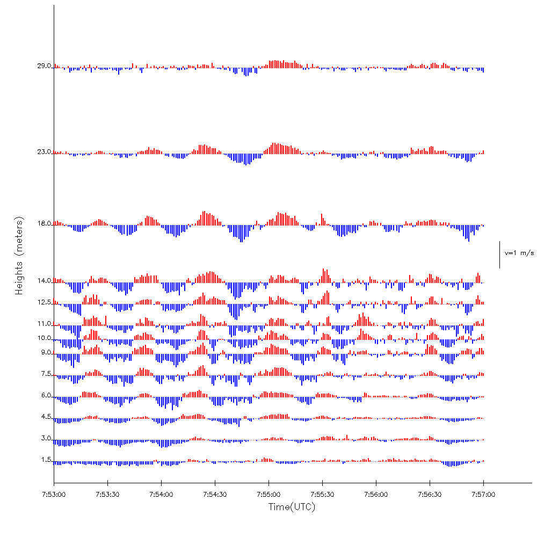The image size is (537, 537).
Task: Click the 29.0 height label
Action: [x=43, y=66]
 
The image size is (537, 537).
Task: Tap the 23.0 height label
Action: [x=43, y=152]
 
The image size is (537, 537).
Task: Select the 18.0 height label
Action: [x=43, y=223]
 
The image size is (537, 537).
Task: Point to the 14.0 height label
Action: [x=43, y=281]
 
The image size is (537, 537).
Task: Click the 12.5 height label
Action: [x=43, y=302]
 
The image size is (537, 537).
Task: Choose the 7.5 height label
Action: [x=45, y=374]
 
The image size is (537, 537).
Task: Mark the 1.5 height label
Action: [x=45, y=460]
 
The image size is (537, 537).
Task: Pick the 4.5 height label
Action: [x=45, y=417]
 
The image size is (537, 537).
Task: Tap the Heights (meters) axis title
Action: [x=19, y=256]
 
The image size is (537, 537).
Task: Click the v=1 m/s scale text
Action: [x=519, y=253]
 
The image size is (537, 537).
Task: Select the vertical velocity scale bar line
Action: [x=499, y=255]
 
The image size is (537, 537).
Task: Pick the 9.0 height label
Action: [x=45, y=352]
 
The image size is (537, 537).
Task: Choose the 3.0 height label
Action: [x=45, y=438]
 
